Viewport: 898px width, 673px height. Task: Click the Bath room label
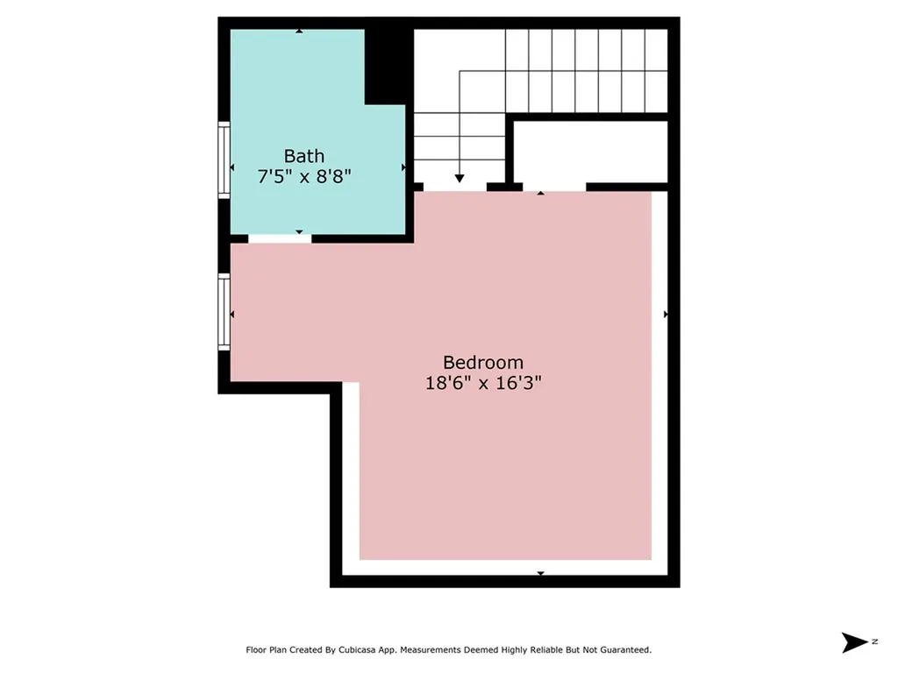303,156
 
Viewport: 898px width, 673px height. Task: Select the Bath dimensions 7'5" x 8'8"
303,176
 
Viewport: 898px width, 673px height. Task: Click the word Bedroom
482,362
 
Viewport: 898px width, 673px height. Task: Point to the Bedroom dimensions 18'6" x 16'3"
482,383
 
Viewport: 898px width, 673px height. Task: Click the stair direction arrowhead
460,178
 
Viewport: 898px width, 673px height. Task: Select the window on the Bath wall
224,161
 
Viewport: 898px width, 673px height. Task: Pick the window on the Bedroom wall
224,312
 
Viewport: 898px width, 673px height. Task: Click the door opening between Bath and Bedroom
280,238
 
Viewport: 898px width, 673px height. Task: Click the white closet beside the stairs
590,152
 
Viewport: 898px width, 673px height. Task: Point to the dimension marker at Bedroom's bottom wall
540,573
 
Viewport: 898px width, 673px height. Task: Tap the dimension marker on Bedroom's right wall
666,314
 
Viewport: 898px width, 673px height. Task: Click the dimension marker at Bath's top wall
299,31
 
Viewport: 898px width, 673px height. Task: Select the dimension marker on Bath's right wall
403,166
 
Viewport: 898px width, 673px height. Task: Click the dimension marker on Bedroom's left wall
232,314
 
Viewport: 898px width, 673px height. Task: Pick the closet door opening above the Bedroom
553,187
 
